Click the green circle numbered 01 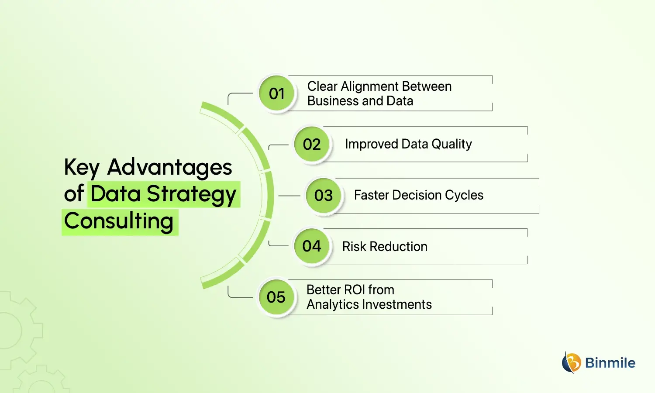click(x=276, y=93)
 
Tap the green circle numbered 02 click(x=312, y=145)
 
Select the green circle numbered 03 click(x=323, y=196)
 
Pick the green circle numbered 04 click(x=312, y=246)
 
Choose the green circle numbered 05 click(x=276, y=297)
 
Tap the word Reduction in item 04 click(x=398, y=247)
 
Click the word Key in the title click(x=82, y=168)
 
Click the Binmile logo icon click(x=571, y=362)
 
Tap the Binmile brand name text click(x=610, y=363)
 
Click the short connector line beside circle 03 click(x=289, y=196)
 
